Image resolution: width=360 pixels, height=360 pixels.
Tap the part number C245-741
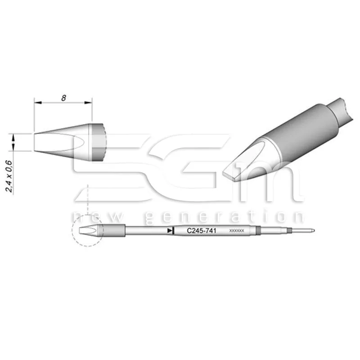click(200, 231)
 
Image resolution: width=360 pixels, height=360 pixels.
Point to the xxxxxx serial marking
click(236, 231)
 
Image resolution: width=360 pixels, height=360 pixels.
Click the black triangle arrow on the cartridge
click(170, 231)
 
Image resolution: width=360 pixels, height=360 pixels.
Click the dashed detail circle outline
click(72, 231)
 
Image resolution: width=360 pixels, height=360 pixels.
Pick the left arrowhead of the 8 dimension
click(36, 103)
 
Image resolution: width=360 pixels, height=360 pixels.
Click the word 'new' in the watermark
click(90, 218)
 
